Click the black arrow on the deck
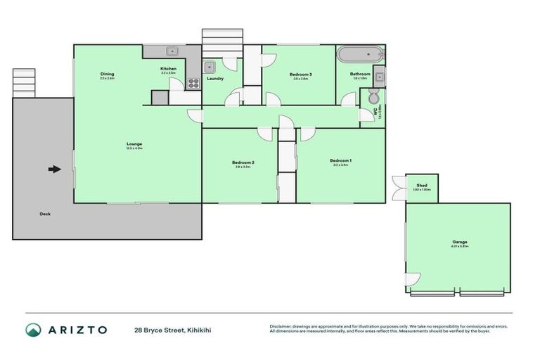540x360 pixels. click(x=53, y=169)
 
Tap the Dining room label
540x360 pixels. click(x=107, y=74)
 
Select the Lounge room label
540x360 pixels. click(x=135, y=144)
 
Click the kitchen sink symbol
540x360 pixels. click(x=172, y=51)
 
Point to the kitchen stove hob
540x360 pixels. click(x=193, y=84)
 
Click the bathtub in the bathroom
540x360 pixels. click(x=360, y=55)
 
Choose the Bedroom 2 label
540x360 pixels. click(x=243, y=162)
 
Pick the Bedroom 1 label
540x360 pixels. click(x=340, y=161)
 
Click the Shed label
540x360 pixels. click(x=422, y=186)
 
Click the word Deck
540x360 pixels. click(x=45, y=214)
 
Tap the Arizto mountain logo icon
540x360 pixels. click(x=33, y=330)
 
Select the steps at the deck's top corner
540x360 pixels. click(x=24, y=82)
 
